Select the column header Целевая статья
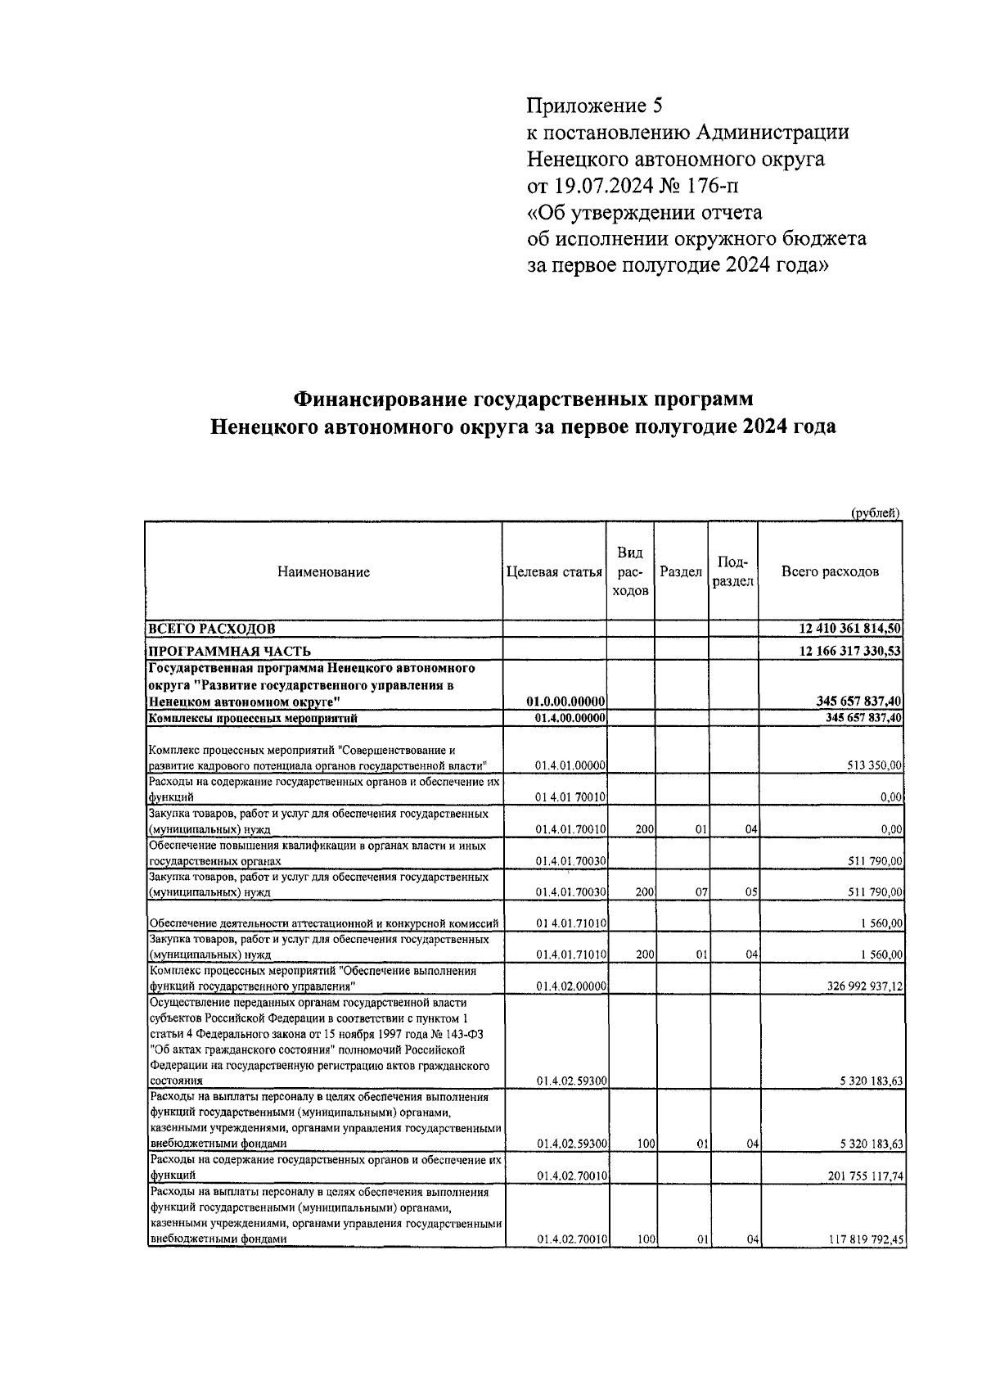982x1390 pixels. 554,572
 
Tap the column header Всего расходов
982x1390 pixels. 830,571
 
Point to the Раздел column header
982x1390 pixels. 681,572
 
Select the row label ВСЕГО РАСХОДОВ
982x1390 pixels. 210,629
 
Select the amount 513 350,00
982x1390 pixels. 874,765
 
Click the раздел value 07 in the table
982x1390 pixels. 701,892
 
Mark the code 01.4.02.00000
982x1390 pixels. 571,987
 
